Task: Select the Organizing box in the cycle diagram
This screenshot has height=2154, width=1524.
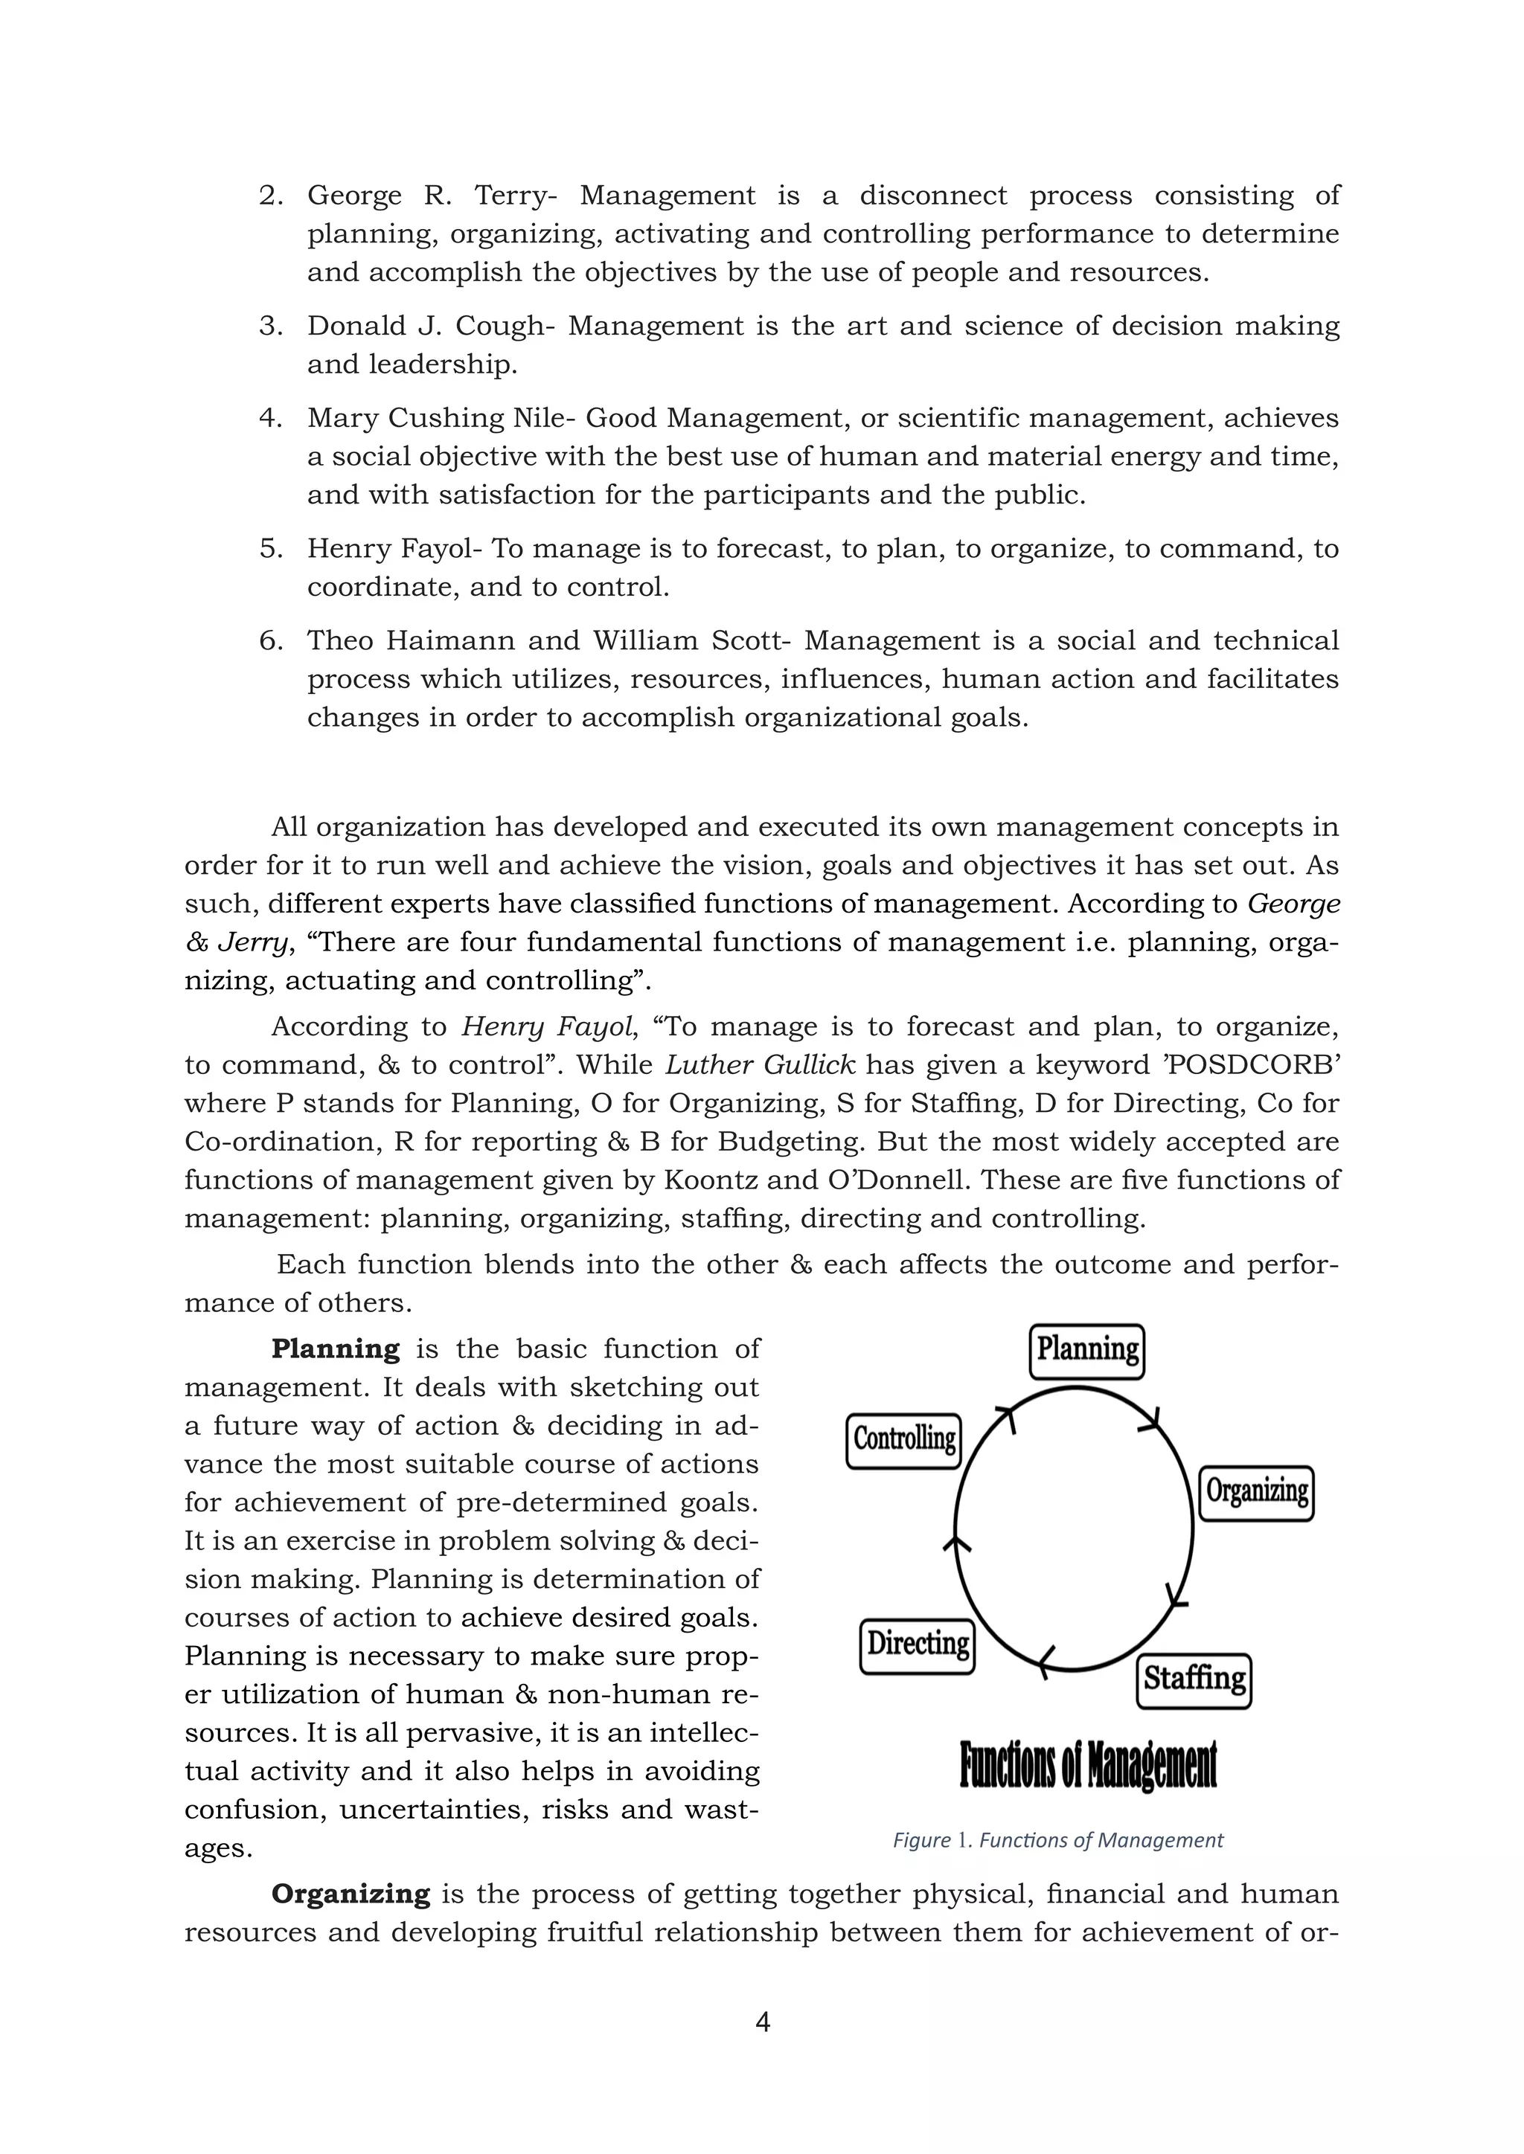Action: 1257,1493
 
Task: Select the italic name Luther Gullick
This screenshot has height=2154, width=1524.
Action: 760,1065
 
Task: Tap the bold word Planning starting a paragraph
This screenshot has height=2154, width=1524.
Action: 335,1349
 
